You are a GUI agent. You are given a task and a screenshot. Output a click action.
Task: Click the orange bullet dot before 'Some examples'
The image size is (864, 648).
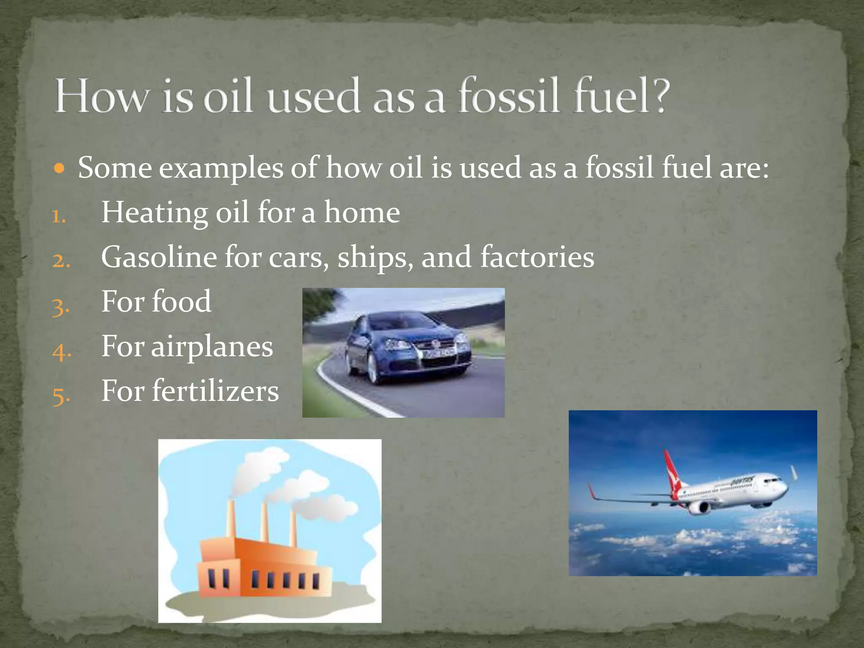pyautogui.click(x=59, y=169)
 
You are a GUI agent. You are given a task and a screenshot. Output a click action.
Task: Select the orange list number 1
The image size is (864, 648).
pyautogui.click(x=59, y=216)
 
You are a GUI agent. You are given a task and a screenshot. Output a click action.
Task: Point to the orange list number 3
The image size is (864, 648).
pyautogui.click(x=60, y=307)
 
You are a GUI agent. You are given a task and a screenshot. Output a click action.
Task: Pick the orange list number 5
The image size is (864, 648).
pyautogui.click(x=61, y=396)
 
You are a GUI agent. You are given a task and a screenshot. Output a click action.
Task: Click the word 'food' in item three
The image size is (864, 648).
pyautogui.click(x=181, y=302)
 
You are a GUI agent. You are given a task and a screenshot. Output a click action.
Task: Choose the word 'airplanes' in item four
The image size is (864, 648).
pyautogui.click(x=212, y=347)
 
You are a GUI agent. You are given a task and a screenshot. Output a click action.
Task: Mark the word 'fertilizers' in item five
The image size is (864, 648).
pyautogui.click(x=215, y=391)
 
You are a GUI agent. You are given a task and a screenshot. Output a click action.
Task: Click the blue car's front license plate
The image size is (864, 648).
pyautogui.click(x=440, y=354)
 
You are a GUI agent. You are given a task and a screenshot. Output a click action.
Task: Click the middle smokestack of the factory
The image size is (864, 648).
pyautogui.click(x=265, y=521)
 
